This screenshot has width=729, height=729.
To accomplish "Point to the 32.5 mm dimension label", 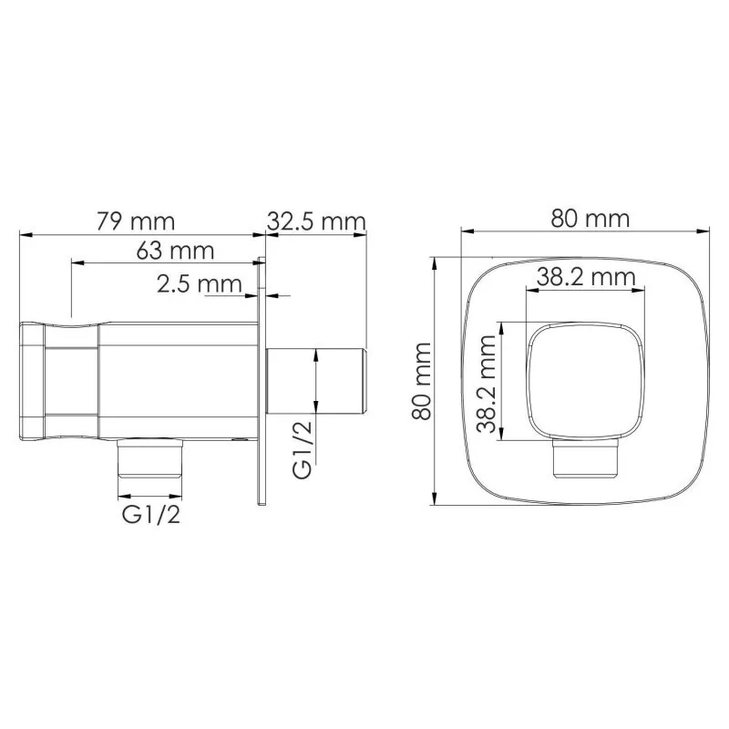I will point(316,221).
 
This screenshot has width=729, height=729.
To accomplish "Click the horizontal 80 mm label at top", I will point(590,219).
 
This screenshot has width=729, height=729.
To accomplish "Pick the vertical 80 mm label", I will point(421,381).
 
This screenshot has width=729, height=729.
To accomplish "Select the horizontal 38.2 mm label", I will point(585,278).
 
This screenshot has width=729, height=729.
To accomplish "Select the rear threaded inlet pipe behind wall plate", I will point(316,381).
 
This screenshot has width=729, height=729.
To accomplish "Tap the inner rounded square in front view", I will point(587,381).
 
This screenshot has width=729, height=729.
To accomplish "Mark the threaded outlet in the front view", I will point(588,460).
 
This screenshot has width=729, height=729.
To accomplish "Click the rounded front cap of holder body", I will point(32,380).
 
